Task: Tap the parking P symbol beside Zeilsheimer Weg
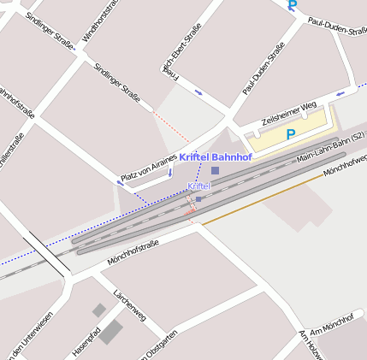pyautogui.click(x=291, y=134)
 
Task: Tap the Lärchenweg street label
pyautogui.click(x=129, y=305)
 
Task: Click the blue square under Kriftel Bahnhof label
pyautogui.click(x=215, y=171)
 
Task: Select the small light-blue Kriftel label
pyautogui.click(x=198, y=186)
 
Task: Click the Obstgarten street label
pyautogui.click(x=159, y=349)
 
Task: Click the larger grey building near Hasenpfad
pyautogui.click(x=110, y=332)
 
